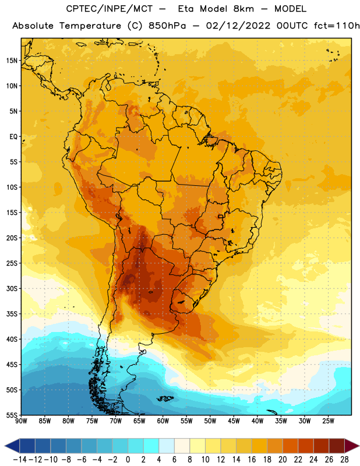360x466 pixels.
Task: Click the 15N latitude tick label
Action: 12,61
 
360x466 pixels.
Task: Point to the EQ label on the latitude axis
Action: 13,137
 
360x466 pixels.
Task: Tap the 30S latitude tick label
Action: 12,288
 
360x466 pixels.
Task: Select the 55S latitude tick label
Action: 12,415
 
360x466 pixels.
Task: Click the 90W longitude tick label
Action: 21,421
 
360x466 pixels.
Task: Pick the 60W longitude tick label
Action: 163,421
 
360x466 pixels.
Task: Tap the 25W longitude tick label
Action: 328,421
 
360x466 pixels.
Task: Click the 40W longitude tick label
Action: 257,421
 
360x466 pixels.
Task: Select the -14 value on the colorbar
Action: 20,460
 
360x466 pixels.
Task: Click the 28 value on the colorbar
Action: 344,460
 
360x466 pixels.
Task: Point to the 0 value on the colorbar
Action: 128,460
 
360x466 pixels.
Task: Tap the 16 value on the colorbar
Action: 252,460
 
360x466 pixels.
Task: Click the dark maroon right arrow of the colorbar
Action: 351,446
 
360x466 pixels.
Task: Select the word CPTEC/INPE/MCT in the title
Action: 110,9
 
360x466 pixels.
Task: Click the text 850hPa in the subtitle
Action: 167,26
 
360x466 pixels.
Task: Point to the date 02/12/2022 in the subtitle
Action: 238,26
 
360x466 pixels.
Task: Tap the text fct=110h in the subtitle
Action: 337,26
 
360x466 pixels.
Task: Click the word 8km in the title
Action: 243,9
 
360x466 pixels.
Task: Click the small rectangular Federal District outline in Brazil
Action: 221,216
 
